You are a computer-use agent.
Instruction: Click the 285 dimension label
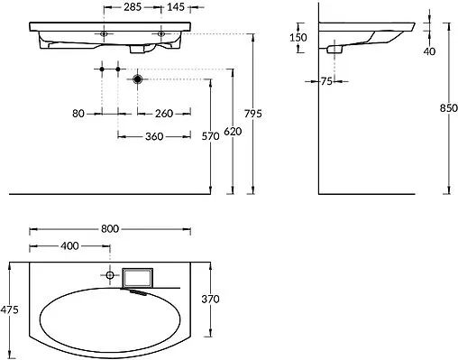133,7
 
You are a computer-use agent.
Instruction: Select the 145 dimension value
176,7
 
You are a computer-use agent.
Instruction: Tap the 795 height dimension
253,114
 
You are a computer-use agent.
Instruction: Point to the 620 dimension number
233,132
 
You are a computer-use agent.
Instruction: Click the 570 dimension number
210,136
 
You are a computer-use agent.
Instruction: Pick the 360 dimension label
154,136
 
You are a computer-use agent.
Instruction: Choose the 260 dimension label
164,114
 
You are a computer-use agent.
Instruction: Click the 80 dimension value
78,114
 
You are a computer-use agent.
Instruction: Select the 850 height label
449,108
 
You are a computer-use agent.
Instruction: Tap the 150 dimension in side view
298,38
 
